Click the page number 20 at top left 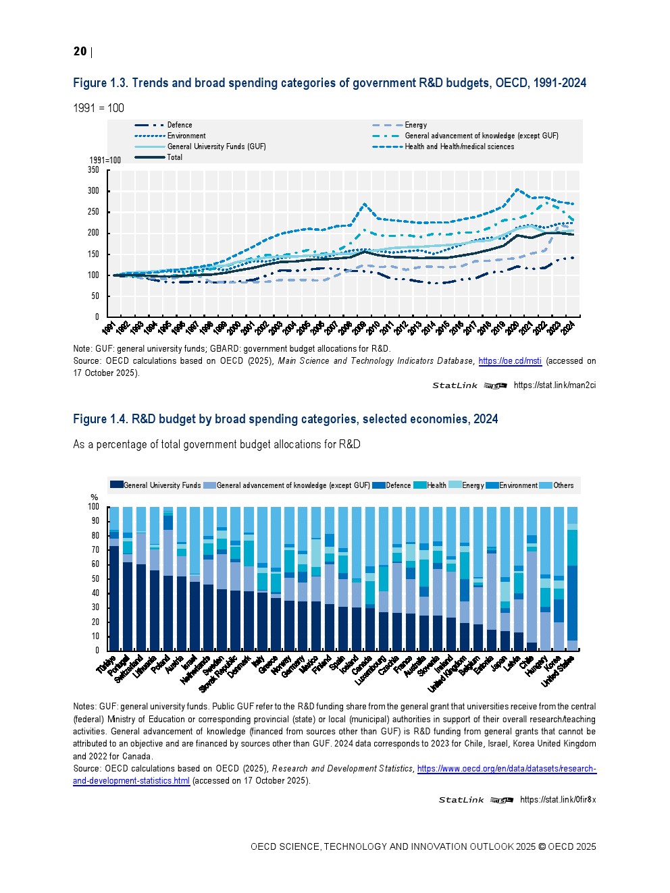coord(80,51)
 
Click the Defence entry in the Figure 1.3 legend coord(180,125)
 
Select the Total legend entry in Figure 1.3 coord(174,157)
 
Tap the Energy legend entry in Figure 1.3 coord(415,125)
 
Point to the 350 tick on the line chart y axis coord(93,170)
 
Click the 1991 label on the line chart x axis coord(109,328)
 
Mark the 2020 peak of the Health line coord(517,190)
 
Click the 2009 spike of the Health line coord(365,203)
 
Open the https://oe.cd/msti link coord(510,361)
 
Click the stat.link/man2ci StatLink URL coord(555,385)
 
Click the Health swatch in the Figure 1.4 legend coord(419,485)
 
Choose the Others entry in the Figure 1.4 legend coord(546,485)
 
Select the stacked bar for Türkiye coord(114,580)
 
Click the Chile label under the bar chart coord(526,663)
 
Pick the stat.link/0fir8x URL coord(558,800)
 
